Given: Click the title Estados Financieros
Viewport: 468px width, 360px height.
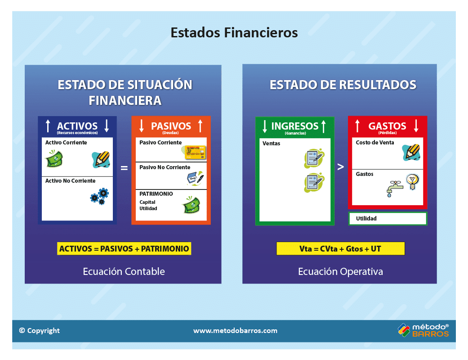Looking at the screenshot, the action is (234, 32).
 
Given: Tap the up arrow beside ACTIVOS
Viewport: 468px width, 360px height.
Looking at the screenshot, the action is (48, 126).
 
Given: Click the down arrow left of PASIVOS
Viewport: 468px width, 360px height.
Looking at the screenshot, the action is (142, 126).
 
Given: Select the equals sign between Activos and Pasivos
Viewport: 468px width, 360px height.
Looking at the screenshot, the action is (124, 168).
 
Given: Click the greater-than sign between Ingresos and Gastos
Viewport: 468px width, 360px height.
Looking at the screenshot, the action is (341, 166).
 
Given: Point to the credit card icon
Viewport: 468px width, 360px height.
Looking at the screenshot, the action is (195, 152).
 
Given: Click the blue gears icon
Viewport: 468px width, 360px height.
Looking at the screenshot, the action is (100, 196).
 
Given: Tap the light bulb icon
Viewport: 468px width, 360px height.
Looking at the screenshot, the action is (413, 182).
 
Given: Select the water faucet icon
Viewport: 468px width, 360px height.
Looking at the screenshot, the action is (395, 189).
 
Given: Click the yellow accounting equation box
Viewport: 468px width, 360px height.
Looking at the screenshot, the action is (124, 248).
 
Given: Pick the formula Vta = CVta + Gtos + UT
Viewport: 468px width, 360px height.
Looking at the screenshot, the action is (341, 248).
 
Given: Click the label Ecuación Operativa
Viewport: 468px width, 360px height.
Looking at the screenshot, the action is (341, 271).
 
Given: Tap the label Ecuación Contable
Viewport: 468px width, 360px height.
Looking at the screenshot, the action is (124, 271).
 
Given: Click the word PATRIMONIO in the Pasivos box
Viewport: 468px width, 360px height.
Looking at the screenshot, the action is (156, 194).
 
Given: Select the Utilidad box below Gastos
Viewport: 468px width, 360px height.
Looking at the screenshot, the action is (388, 218).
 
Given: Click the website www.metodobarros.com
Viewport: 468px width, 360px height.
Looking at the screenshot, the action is (235, 331).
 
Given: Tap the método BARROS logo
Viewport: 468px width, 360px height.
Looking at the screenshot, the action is (423, 330).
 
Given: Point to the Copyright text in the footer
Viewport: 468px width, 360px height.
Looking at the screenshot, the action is (40, 331).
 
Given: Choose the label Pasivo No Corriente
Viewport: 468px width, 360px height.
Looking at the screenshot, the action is (165, 167).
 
